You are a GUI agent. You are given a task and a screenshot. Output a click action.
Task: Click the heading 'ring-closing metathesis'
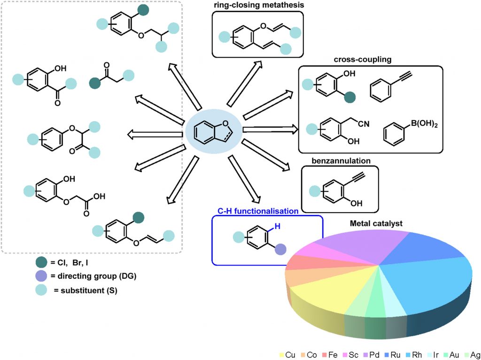(257, 6)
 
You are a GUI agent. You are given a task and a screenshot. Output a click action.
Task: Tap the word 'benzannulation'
(341, 161)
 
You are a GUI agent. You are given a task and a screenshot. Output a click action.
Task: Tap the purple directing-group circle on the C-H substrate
(280, 250)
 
